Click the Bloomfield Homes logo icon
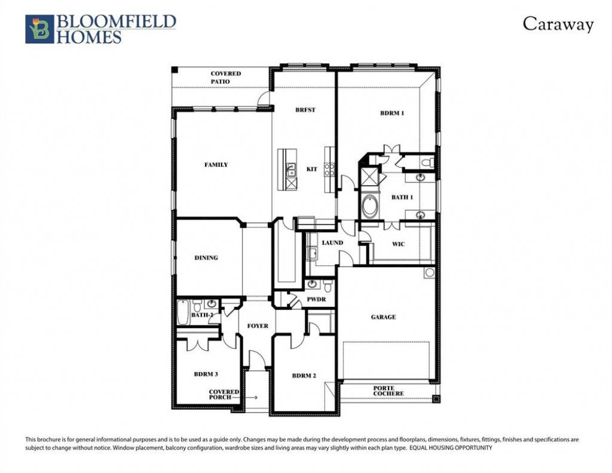coord(39,29)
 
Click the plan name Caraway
coord(558,24)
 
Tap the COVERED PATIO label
coord(225,77)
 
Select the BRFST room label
coord(305,110)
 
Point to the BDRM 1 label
coord(392,113)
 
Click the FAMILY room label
coord(216,165)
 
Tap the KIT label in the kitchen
coord(312,169)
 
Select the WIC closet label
coord(398,244)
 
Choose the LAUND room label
coord(332,243)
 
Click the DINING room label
coord(206,258)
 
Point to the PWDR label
coord(316,300)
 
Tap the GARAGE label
coord(383,317)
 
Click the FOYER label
coord(258,326)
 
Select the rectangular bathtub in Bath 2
coord(183,313)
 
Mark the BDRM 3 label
coord(206,374)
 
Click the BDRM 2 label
coord(304,376)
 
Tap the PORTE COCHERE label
coord(388,391)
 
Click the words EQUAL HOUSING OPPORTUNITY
coord(451,448)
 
